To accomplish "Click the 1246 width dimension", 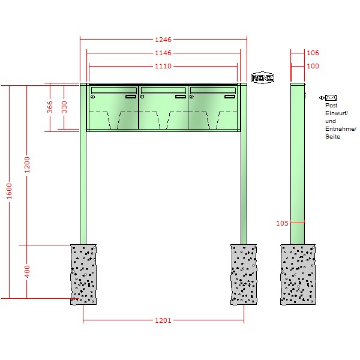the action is pyautogui.click(x=163, y=40).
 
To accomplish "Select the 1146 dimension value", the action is pyautogui.click(x=163, y=53).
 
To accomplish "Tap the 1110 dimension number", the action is pyautogui.click(x=163, y=66).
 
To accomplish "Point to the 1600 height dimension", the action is pyautogui.click(x=9, y=191).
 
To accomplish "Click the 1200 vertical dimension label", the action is pyautogui.click(x=27, y=165).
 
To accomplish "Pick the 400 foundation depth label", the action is pyautogui.click(x=27, y=271).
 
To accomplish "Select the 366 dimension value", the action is pyautogui.click(x=50, y=107).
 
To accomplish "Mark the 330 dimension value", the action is pyautogui.click(x=64, y=107).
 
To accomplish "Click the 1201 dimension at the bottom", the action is pyautogui.click(x=163, y=320).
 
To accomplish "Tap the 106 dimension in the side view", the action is pyautogui.click(x=313, y=53).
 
